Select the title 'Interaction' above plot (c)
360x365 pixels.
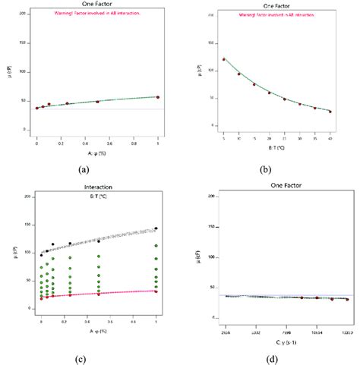pos(98,190)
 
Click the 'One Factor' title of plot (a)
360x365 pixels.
pos(96,5)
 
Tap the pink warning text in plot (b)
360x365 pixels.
pos(278,15)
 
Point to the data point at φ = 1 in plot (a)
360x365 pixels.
pos(157,97)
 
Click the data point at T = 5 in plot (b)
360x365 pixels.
pos(223,59)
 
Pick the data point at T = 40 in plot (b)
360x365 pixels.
pos(330,112)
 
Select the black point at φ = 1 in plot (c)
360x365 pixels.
pos(156,228)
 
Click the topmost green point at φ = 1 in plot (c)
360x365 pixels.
pos(156,246)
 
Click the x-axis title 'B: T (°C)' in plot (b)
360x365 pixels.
pos(277,147)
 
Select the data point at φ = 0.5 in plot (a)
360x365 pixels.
pos(97,102)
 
